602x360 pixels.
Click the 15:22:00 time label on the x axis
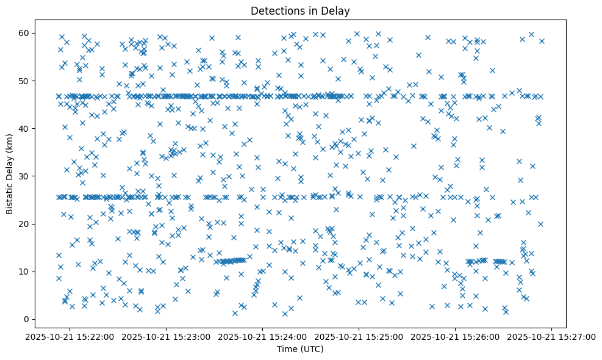(70, 336)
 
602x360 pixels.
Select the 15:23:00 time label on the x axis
(167, 336)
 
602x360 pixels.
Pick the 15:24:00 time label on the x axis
(263, 336)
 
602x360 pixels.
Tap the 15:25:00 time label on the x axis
(359, 336)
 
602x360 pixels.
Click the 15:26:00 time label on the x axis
(456, 336)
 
